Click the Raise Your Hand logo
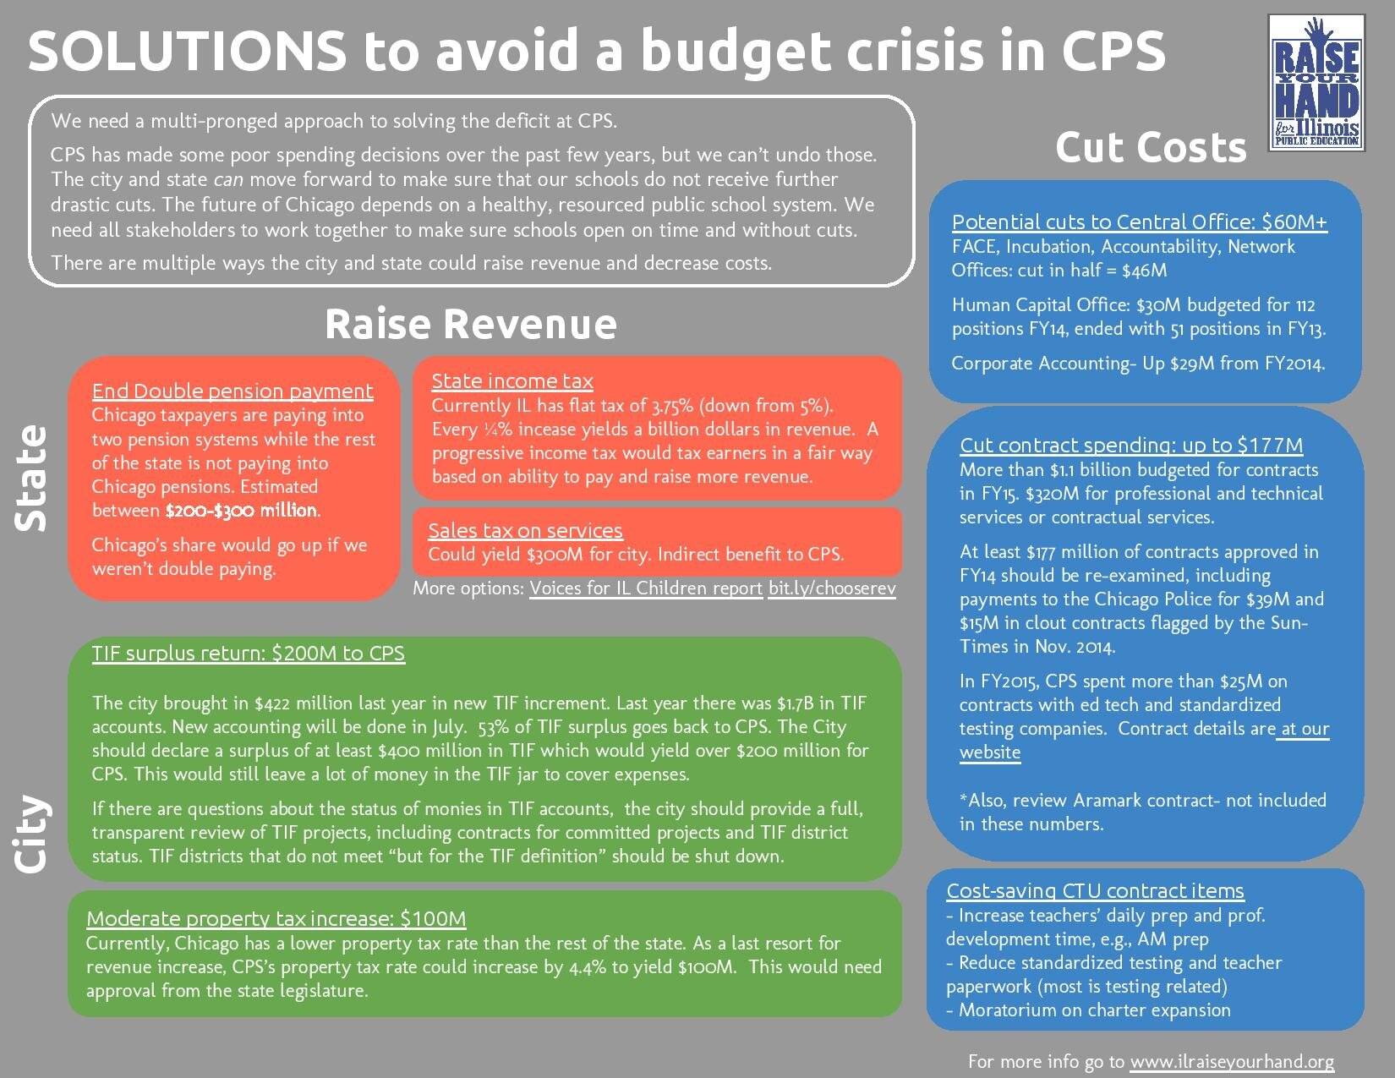(1317, 94)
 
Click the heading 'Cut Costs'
(1150, 148)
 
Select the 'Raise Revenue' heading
(471, 324)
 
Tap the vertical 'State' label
(32, 478)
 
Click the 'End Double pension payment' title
(232, 391)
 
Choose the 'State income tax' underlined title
(512, 380)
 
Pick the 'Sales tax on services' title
(525, 530)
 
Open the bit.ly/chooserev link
(831, 588)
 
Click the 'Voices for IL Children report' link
(646, 588)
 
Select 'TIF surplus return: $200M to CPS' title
(249, 653)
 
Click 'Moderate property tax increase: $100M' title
(276, 918)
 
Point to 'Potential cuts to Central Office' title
(1139, 222)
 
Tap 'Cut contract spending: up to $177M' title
(1131, 445)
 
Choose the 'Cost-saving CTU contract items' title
(1095, 890)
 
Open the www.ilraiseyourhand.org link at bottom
(1232, 1061)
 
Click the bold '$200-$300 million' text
(242, 510)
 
